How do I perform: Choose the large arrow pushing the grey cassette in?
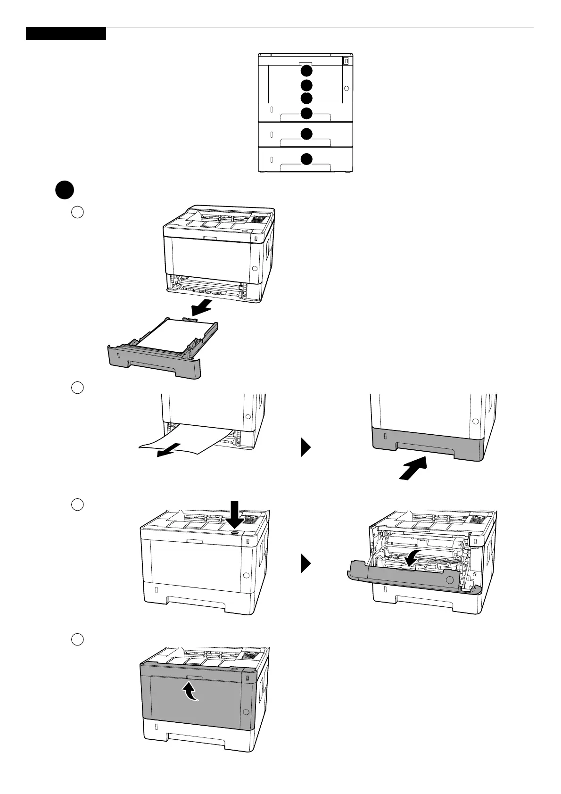click(x=413, y=469)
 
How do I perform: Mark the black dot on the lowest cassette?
click(x=306, y=159)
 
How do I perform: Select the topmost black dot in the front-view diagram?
click(x=306, y=71)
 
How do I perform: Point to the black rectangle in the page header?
click(x=66, y=34)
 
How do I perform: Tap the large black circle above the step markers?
click(x=64, y=190)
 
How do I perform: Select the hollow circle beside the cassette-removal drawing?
click(x=77, y=212)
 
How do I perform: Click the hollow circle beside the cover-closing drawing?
click(x=77, y=640)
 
